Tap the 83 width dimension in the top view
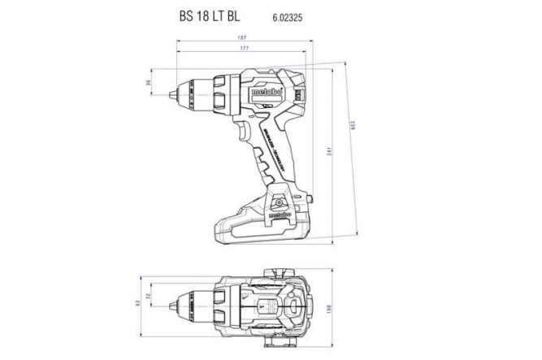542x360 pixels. [138, 302]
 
